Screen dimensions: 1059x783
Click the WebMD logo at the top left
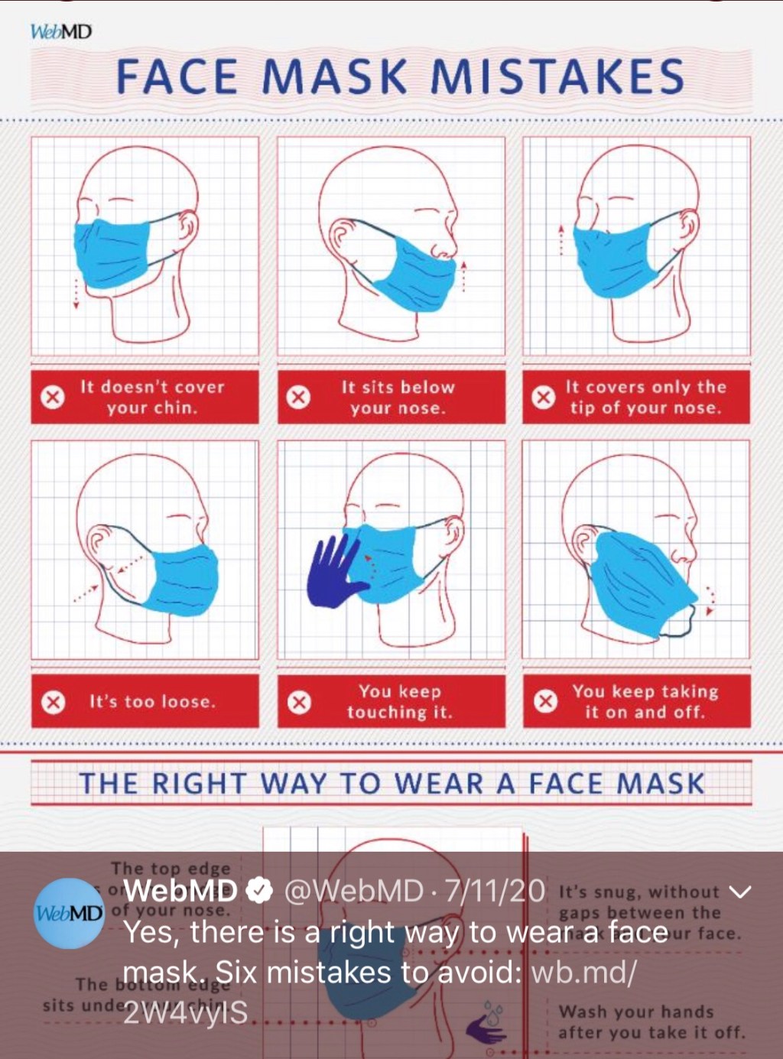coord(60,32)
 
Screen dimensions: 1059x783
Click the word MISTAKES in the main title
coord(557,77)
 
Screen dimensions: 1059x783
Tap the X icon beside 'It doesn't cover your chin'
coord(52,397)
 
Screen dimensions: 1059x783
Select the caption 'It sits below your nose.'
coord(398,397)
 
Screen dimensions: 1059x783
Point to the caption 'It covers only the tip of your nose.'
coord(645,397)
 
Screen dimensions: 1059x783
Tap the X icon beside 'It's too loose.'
coord(53,702)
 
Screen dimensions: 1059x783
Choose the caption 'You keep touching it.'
coord(399,701)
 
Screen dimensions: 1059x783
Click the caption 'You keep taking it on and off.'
coord(645,701)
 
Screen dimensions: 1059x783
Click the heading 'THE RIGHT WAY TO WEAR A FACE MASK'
coord(391,784)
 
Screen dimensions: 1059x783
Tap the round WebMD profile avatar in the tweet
coord(70,913)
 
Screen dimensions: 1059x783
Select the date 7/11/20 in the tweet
coord(495,891)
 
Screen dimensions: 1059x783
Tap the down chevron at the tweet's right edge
coord(741,892)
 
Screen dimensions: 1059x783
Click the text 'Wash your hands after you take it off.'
coord(650,1022)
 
